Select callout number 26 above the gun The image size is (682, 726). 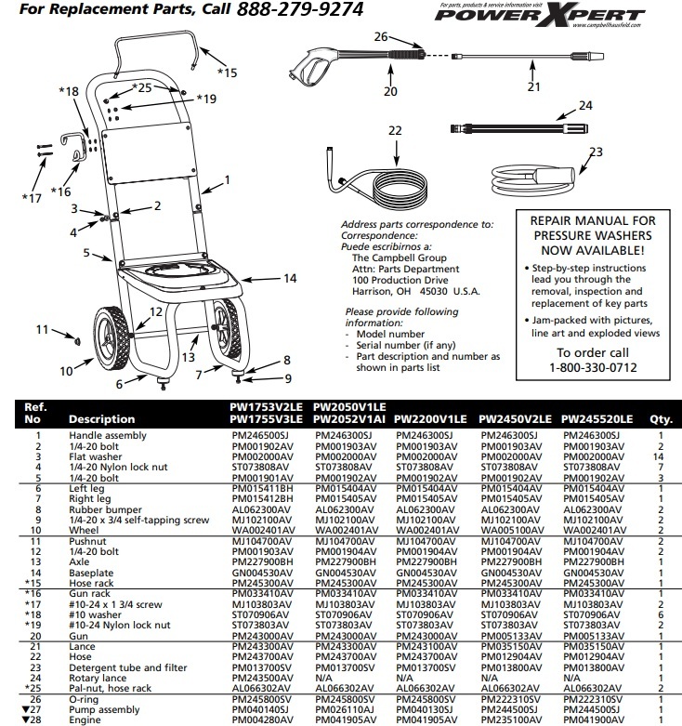click(x=379, y=37)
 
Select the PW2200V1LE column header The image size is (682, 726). click(x=430, y=418)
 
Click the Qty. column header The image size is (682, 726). click(x=661, y=418)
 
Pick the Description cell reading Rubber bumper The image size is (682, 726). click(x=101, y=509)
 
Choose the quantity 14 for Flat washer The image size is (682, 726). click(x=661, y=458)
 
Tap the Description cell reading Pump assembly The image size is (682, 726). click(x=104, y=708)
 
